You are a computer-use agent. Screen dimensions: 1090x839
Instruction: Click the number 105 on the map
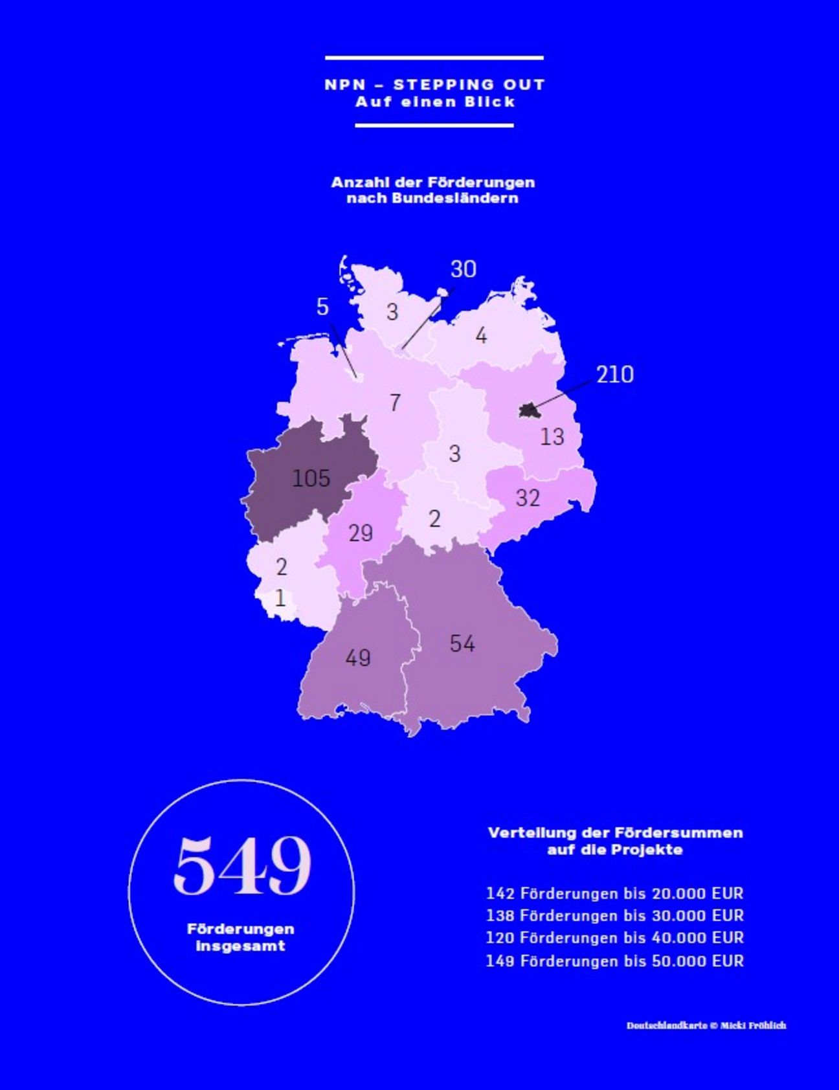coord(311,478)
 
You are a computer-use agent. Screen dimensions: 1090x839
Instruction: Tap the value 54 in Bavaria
coord(462,643)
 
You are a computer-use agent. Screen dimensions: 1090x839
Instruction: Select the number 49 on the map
coord(358,658)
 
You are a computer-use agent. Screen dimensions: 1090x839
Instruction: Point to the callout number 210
coord(615,374)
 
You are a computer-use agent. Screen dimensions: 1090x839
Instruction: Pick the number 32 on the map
coord(528,498)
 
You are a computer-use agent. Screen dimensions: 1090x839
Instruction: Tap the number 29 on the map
coord(361,533)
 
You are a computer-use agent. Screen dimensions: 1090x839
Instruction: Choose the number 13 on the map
coord(552,437)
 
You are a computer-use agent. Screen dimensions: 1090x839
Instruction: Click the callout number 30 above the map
coord(463,269)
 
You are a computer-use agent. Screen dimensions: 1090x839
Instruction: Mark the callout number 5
coord(322,307)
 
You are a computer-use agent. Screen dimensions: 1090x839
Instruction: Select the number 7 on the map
coord(395,403)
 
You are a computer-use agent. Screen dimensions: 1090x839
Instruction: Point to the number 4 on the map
coord(481,336)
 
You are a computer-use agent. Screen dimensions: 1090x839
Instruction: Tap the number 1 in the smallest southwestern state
coord(280,597)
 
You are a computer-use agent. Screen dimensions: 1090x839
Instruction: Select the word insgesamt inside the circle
coord(240,946)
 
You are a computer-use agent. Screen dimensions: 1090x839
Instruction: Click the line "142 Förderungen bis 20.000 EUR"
coord(614,893)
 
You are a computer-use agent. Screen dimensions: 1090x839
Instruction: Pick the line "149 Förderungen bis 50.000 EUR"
coord(614,961)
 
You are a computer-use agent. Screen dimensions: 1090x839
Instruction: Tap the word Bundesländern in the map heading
coord(432,198)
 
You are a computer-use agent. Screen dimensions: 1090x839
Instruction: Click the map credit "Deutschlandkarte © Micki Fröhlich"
coord(706,1025)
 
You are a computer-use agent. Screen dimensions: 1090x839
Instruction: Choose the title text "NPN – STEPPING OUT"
coord(434,84)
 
